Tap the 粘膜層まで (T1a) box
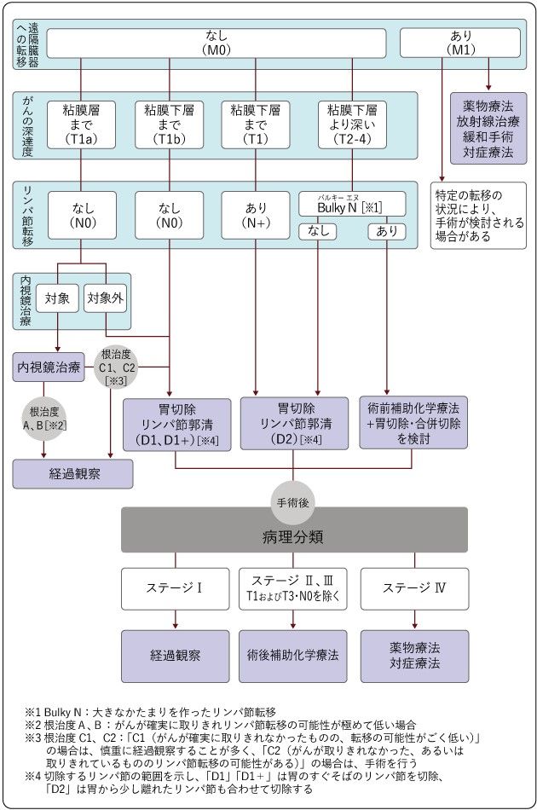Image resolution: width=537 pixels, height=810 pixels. coord(81,124)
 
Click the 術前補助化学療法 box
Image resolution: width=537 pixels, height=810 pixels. coord(412,423)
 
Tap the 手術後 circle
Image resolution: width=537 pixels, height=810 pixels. coord(293,504)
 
